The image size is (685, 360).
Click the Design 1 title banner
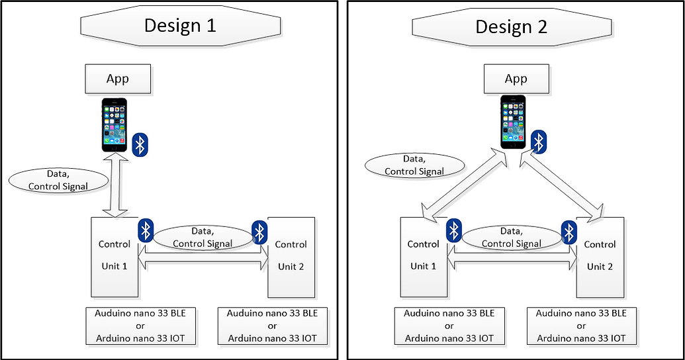(180, 26)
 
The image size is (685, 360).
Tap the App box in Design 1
(118, 79)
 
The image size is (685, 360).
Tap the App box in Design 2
(516, 79)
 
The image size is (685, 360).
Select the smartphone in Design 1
(114, 125)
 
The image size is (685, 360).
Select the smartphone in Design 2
(513, 122)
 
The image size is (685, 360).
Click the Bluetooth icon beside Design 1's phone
(140, 144)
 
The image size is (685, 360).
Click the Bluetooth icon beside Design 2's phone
(539, 140)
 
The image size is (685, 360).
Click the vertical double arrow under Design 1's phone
(114, 184)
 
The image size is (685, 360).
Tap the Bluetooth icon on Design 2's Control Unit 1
(454, 230)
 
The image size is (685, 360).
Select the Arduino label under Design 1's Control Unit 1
(140, 326)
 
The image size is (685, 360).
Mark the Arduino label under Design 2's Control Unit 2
(581, 326)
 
